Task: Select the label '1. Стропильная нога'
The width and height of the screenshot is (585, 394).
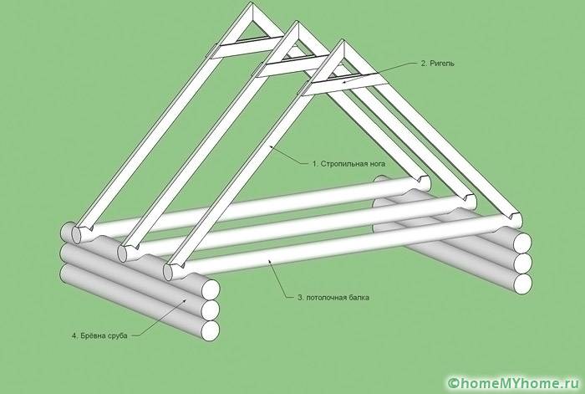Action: point(348,164)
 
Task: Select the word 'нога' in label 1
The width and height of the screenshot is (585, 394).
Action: point(376,164)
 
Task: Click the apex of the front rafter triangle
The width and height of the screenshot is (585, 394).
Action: point(341,43)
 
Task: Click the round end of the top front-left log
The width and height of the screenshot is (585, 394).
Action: point(211,289)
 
